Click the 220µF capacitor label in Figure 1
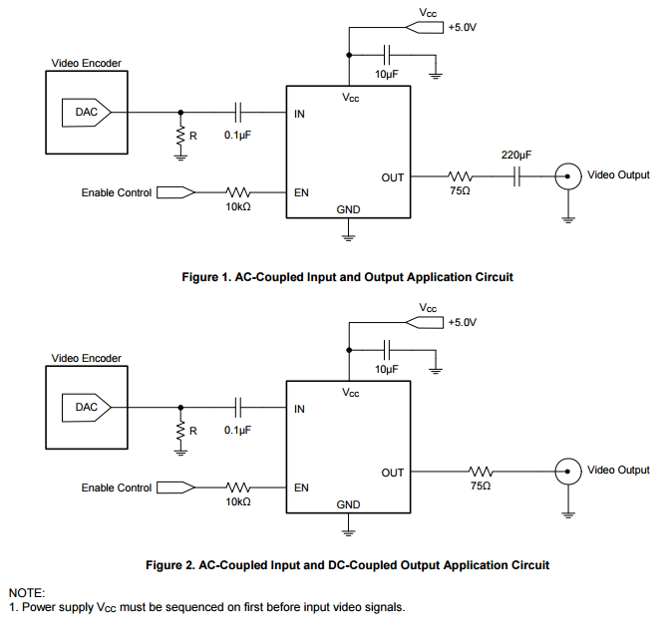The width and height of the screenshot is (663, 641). coord(516,156)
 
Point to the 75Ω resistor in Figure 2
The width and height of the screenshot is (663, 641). coord(481,471)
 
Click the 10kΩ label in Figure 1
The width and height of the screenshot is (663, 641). coord(238,207)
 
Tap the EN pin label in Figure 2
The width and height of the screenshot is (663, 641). coord(300,488)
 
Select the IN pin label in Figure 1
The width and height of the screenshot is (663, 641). coord(299,114)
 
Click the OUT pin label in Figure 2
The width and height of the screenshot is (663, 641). coord(392,472)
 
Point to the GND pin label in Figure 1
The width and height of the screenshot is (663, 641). coord(348,210)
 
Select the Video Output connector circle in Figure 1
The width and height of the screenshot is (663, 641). coord(567,176)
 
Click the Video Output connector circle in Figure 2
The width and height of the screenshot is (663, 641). coord(567,471)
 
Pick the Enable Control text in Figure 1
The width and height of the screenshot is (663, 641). coord(116,193)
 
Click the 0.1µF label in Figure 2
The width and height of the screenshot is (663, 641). coord(237,430)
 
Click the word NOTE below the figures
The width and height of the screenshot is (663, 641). coord(26,592)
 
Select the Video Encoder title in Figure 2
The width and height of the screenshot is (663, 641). coord(86,358)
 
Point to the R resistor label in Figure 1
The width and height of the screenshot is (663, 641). coord(193,137)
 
